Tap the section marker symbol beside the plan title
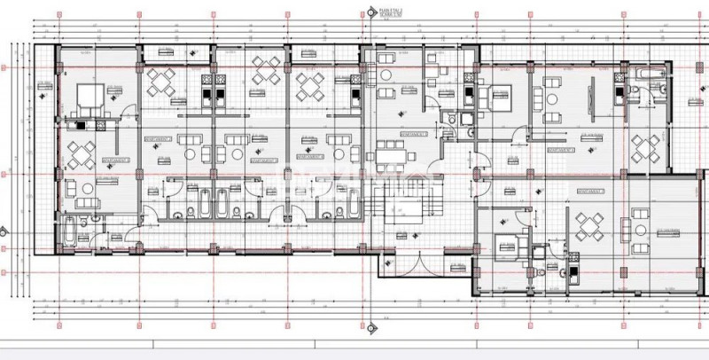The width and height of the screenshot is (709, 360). click(370, 11)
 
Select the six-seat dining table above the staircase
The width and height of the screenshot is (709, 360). click(392, 157)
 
